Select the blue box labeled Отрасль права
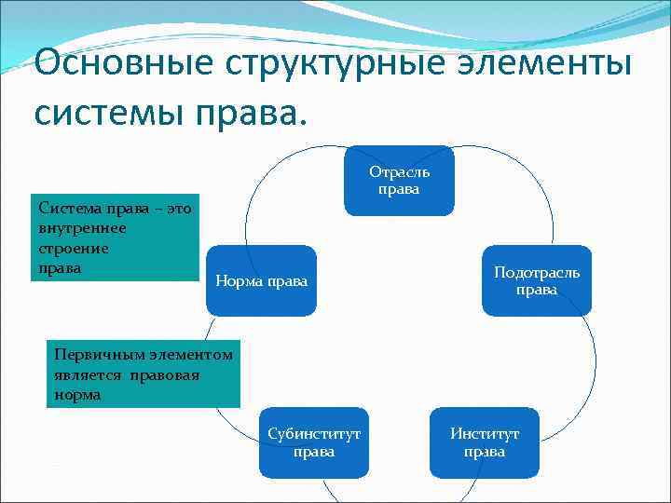(399, 181)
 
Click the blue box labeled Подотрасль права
(537, 280)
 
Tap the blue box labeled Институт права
(485, 442)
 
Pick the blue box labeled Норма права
(261, 280)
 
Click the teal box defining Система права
(111, 238)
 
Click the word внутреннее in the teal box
(81, 228)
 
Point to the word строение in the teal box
(74, 249)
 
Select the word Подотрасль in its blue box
(537, 272)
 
